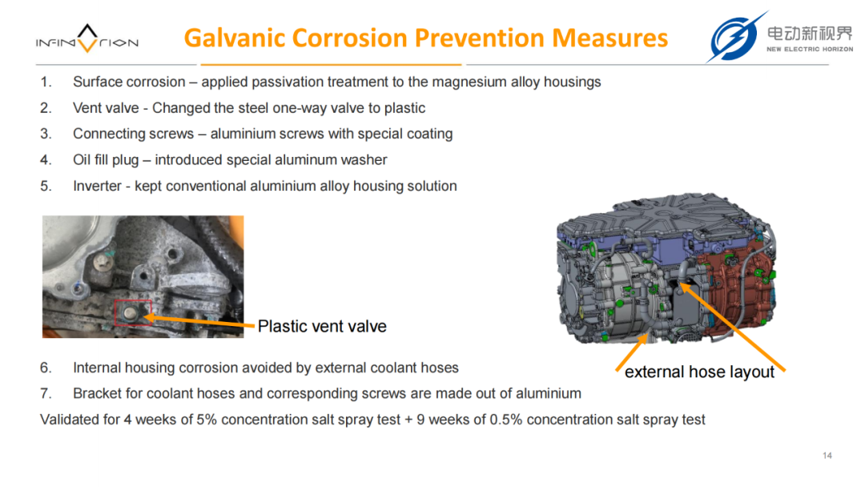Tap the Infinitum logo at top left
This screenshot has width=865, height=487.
[x=87, y=38]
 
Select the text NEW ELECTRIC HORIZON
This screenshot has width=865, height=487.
[x=810, y=49]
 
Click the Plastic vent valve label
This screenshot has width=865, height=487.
[x=322, y=327]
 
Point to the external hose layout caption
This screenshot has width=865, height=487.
[x=699, y=372]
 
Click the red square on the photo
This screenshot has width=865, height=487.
[x=133, y=312]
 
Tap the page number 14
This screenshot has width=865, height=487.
[x=827, y=456]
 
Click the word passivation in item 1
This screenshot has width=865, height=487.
[x=288, y=83]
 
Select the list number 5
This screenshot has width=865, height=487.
[x=46, y=186]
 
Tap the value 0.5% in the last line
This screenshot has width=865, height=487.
[x=506, y=420]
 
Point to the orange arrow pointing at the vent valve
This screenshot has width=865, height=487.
[x=199, y=320]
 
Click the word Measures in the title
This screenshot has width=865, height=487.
[x=610, y=38]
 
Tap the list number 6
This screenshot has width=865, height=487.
[x=46, y=368]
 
